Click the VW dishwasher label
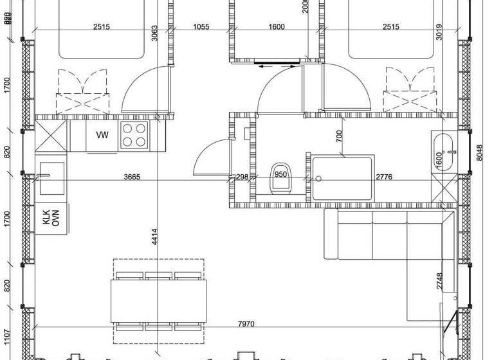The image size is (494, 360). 102,135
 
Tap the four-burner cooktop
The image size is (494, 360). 135,134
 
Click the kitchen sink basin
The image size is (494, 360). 51,178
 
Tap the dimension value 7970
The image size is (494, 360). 246,323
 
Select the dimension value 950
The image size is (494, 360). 281,175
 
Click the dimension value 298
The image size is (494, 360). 242,177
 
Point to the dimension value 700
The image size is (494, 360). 338,136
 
